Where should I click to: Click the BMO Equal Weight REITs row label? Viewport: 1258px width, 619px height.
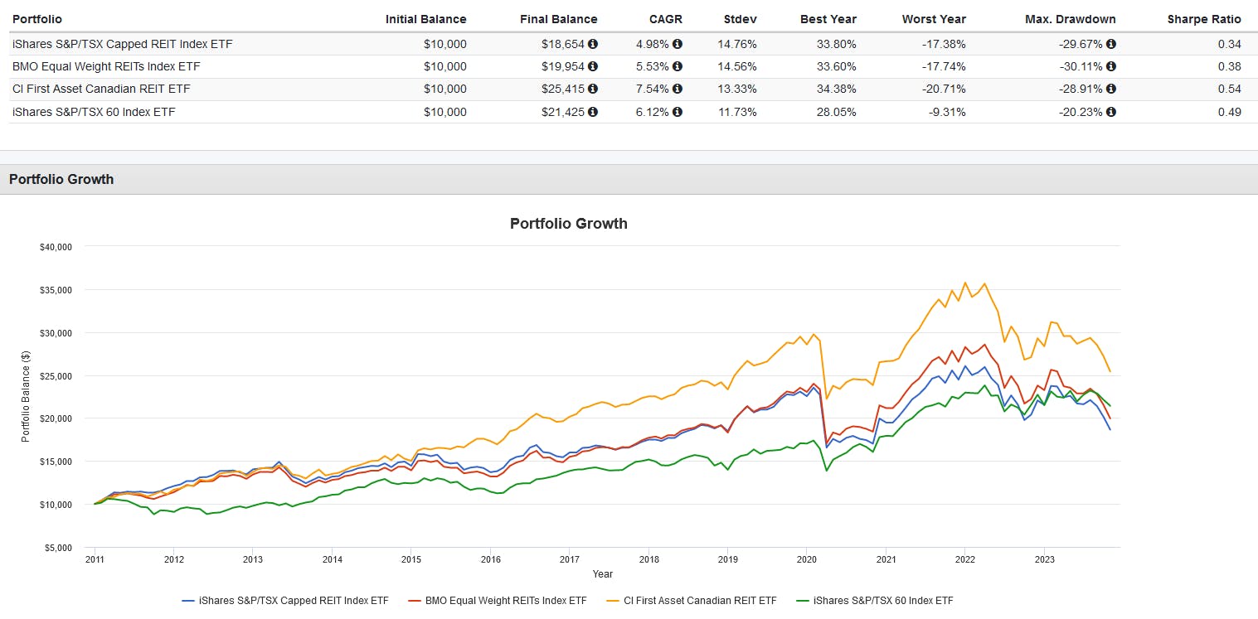(x=106, y=66)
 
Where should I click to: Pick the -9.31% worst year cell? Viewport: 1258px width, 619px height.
(x=948, y=112)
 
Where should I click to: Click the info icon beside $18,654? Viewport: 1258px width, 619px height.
(x=593, y=44)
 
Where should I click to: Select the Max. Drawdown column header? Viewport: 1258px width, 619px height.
(x=1075, y=19)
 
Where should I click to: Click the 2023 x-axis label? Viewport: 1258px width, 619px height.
(x=1044, y=559)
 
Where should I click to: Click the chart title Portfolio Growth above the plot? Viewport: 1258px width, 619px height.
(x=568, y=224)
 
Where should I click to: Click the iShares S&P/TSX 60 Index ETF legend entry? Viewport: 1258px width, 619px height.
(x=878, y=600)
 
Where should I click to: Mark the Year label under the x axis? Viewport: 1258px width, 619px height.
(x=602, y=573)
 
